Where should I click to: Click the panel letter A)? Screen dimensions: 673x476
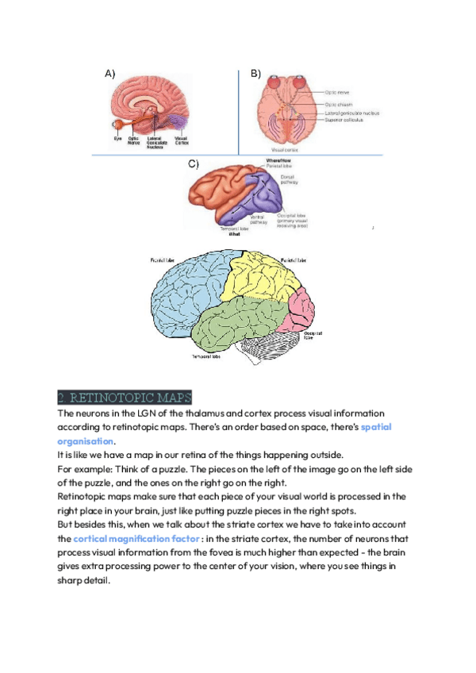pyautogui.click(x=110, y=74)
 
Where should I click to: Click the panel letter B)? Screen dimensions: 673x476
pyautogui.click(x=256, y=74)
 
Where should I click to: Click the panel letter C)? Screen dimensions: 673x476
pyautogui.click(x=193, y=164)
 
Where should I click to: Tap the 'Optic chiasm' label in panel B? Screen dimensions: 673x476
pyautogui.click(x=340, y=104)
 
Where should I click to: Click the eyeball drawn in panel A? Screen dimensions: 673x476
pyautogui.click(x=118, y=124)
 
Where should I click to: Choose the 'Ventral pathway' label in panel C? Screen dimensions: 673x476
pyautogui.click(x=259, y=218)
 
